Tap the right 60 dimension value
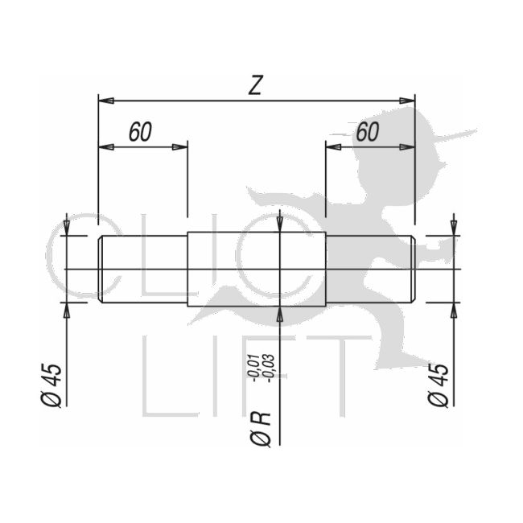pos(367,132)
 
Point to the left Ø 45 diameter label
pos(51,385)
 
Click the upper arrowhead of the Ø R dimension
pos(278,225)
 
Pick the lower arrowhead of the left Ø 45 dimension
pos(67,310)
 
